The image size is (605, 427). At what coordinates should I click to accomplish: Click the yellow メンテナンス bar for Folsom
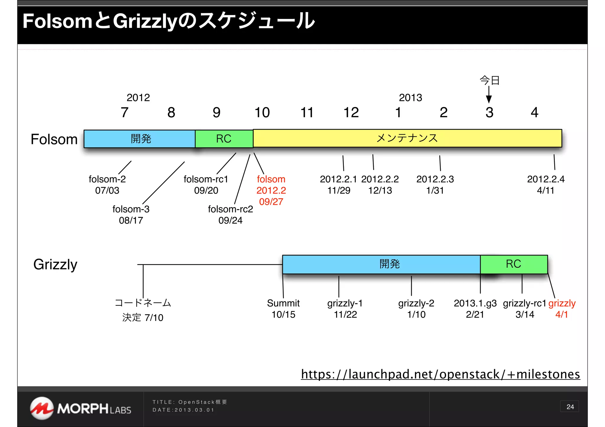pos(407,138)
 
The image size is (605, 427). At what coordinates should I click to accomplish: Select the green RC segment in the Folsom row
pos(224,139)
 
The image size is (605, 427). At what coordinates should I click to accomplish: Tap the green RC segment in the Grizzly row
pos(514,264)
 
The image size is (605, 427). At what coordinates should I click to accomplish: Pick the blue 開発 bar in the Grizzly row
pos(381,264)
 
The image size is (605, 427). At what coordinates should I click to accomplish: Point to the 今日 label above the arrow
pos(489,80)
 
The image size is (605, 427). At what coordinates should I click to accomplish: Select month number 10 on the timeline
pos(262,112)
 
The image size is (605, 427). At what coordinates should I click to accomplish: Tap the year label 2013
pos(410,98)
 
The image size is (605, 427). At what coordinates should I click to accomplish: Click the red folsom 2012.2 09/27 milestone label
pos(271,190)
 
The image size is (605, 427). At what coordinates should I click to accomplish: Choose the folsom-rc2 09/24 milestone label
pos(230,215)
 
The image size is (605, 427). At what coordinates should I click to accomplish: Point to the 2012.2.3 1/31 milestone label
pos(435,185)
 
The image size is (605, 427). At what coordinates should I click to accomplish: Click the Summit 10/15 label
pos(283,309)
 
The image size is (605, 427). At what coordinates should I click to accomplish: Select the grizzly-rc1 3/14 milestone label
pos(525,309)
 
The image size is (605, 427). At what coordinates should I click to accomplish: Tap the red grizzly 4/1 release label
pos(562,309)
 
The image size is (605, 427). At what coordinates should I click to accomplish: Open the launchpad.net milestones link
pos(440,374)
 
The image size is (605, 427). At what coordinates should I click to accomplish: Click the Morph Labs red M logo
pos(42,408)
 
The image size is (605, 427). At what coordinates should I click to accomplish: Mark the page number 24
pos(570,407)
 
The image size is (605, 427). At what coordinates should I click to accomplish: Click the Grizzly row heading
pos(55,264)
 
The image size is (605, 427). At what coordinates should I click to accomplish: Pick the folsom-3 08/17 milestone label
pos(131,215)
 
